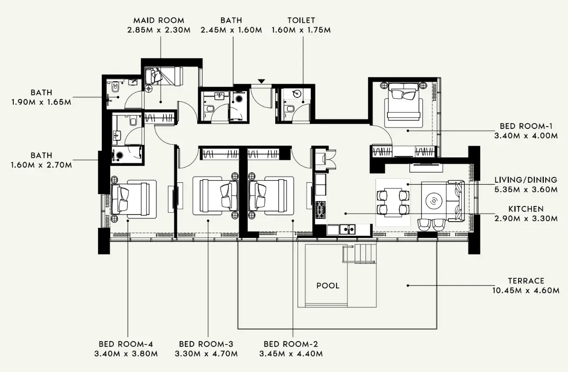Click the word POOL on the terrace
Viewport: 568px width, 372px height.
pos(328,285)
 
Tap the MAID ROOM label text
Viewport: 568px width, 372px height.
pos(159,20)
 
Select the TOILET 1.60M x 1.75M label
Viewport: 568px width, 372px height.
pos(300,25)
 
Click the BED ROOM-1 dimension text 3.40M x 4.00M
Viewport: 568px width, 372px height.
pos(526,135)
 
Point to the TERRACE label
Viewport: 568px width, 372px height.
pos(526,281)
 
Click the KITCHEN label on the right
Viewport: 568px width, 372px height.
pos(526,209)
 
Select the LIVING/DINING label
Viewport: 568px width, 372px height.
pos(526,180)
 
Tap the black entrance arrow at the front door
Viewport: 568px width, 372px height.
pos(261,82)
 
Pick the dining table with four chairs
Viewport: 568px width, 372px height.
pos(393,202)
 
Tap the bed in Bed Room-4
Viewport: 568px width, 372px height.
pos(130,198)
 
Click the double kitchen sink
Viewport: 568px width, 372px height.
pos(347,229)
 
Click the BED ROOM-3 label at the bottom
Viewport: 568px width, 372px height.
pos(206,344)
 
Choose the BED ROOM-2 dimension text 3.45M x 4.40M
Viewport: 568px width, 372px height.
pos(291,353)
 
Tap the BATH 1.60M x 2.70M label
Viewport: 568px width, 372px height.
pos(41,160)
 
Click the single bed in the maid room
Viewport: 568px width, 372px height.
pos(164,76)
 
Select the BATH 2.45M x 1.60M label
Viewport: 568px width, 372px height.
pos(231,25)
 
